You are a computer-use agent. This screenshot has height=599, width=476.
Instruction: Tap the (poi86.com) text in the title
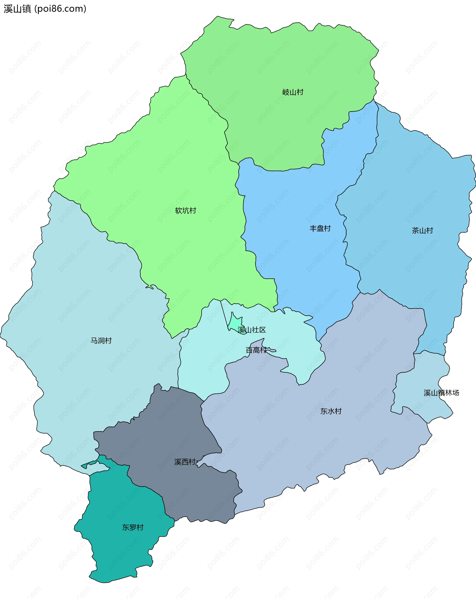click(x=60, y=9)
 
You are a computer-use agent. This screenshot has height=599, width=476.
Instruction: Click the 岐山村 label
click(x=293, y=92)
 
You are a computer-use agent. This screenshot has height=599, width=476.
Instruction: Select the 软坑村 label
click(x=186, y=210)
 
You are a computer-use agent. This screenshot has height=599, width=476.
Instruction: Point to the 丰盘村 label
click(x=320, y=228)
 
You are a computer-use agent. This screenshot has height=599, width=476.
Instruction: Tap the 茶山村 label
click(x=422, y=230)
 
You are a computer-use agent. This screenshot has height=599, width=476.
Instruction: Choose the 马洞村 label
click(x=101, y=340)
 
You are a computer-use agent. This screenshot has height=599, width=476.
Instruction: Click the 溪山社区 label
click(x=252, y=330)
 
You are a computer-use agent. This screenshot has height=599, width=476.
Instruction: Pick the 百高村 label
click(x=256, y=350)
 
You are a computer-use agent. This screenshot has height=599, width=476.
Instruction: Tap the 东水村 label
click(x=331, y=411)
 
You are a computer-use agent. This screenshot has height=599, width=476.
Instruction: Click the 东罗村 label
click(x=133, y=527)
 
